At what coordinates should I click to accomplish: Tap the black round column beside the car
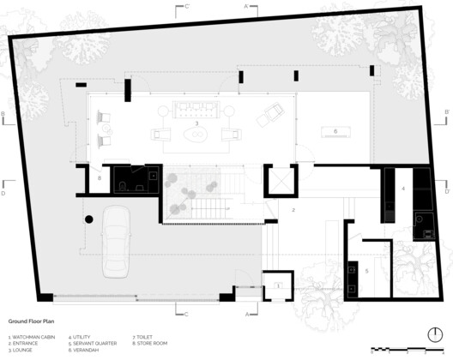[x=88, y=220]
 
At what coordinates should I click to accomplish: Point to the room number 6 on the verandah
[x=335, y=131]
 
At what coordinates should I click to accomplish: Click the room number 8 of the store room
[x=101, y=179]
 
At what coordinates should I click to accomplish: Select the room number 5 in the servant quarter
[x=365, y=270]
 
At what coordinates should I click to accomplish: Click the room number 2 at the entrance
[x=293, y=209]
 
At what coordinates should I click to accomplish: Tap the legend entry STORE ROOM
[x=153, y=343]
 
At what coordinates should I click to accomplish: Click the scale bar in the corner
[x=408, y=349]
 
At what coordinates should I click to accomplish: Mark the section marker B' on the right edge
[x=447, y=112]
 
